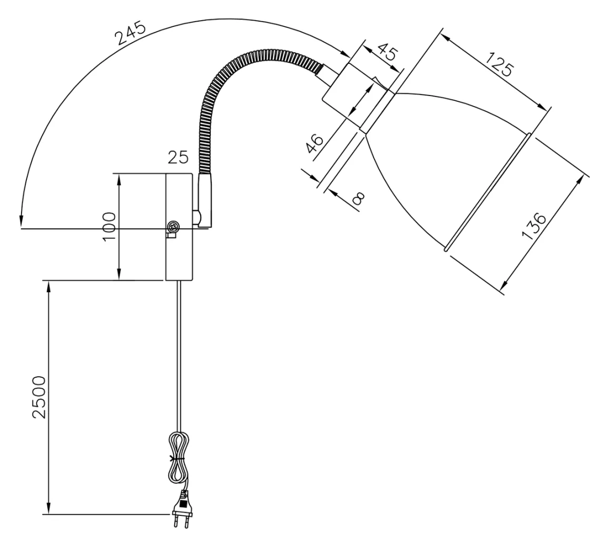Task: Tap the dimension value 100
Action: [x=109, y=227]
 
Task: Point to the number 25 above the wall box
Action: [x=178, y=157]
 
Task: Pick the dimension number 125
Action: [x=499, y=65]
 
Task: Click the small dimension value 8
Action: [x=358, y=198]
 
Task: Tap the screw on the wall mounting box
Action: [x=173, y=227]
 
